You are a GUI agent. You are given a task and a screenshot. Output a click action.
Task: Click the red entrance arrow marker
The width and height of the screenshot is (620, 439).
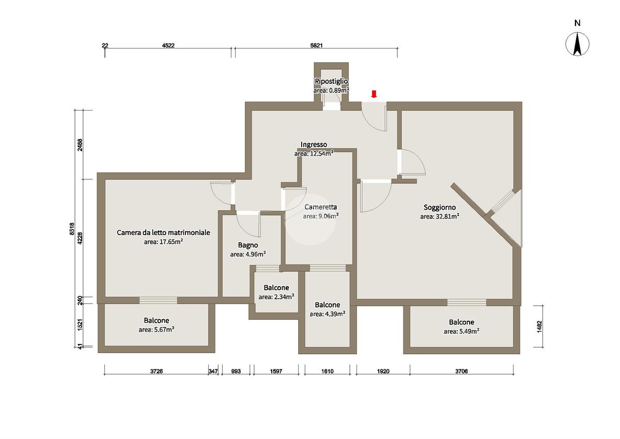(x=374, y=94)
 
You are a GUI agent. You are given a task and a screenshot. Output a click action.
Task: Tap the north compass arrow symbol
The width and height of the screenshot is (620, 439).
(x=578, y=44)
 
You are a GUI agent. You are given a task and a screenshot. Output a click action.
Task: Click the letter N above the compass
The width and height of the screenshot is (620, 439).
(x=578, y=23)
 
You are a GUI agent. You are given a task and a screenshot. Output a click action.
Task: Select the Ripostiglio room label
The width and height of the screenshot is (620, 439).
(x=331, y=81)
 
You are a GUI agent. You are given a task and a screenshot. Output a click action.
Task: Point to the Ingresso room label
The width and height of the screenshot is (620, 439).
(x=314, y=145)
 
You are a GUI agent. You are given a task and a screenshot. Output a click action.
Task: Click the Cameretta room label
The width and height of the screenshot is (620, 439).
(x=320, y=207)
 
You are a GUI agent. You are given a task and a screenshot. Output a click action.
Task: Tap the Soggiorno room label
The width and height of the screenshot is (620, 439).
(x=440, y=207)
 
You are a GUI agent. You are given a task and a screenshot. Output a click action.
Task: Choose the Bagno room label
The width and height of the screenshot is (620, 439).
(x=248, y=245)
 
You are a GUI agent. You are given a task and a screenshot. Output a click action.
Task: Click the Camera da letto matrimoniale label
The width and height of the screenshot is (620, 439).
(x=163, y=232)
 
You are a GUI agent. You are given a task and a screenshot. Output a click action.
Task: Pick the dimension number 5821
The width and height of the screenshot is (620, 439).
(x=316, y=45)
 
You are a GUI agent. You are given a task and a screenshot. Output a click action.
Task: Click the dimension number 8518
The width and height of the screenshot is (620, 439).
(x=72, y=229)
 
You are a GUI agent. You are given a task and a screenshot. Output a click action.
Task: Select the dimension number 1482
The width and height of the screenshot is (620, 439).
(x=539, y=327)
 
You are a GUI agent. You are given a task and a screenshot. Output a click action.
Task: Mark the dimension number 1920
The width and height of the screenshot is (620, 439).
(x=383, y=371)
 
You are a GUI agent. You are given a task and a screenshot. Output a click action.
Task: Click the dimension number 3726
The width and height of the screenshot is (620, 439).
(x=157, y=371)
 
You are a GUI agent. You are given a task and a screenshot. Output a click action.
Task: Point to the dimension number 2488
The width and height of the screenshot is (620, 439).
(x=80, y=145)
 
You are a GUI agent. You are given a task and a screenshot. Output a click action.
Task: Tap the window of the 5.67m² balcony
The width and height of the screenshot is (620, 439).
(x=158, y=301)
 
